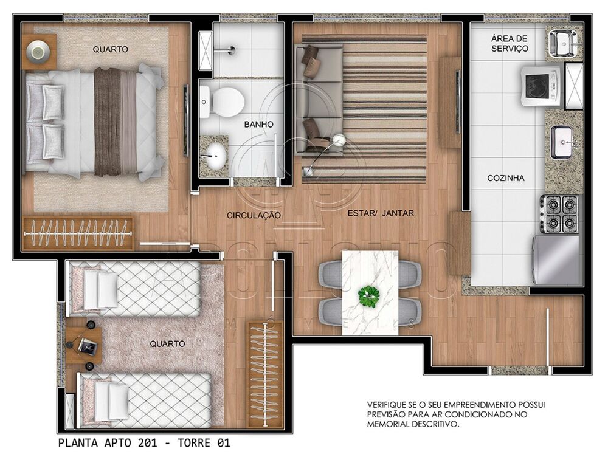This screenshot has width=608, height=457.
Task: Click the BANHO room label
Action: tap(258, 125)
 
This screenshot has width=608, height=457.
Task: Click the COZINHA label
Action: tap(506, 179)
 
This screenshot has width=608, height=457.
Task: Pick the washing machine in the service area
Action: tap(541, 86)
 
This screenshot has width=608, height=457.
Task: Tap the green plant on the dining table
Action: tap(369, 296)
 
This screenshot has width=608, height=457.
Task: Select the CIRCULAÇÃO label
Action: tap(254, 215)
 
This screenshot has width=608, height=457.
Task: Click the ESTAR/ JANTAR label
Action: tap(381, 213)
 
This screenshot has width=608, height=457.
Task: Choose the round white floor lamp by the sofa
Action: tap(339, 140)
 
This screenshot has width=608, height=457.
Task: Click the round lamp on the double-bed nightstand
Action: tap(40, 50)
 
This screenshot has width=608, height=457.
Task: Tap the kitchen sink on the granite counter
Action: tap(562, 143)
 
